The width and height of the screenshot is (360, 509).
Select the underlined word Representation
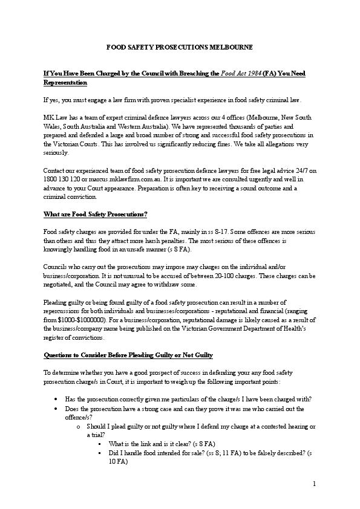click(x=65, y=82)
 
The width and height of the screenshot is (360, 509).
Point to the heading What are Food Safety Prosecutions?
click(x=95, y=215)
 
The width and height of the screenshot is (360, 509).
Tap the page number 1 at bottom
click(x=315, y=484)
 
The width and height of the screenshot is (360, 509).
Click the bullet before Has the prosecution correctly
click(x=56, y=400)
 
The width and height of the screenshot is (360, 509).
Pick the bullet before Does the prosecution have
click(x=56, y=409)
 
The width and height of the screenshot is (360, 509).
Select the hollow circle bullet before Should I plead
click(x=79, y=426)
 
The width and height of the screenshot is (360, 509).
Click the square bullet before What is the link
click(x=100, y=444)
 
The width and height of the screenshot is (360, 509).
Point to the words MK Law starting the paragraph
click(x=54, y=119)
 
